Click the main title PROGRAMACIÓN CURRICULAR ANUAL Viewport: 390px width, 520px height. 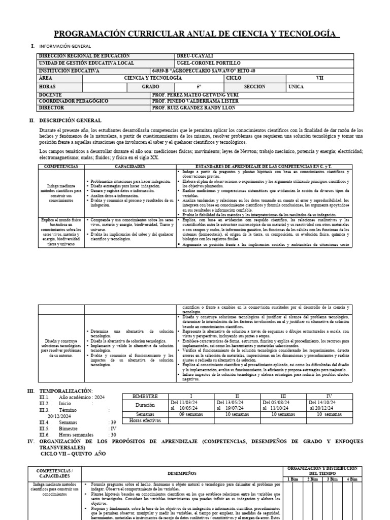pyautogui.click(x=196, y=34)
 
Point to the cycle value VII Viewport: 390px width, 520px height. pyautogui.click(x=319, y=78)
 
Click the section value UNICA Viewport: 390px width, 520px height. pyautogui.click(x=296, y=87)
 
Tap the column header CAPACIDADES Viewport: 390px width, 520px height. pyautogui.click(x=131, y=167)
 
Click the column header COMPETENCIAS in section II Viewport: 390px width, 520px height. pyautogui.click(x=61, y=167)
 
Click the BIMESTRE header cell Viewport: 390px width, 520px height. pyautogui.click(x=145, y=396)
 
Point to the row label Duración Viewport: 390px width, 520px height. pyautogui.click(x=145, y=405)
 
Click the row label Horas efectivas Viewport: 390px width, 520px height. pyautogui.click(x=145, y=420)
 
